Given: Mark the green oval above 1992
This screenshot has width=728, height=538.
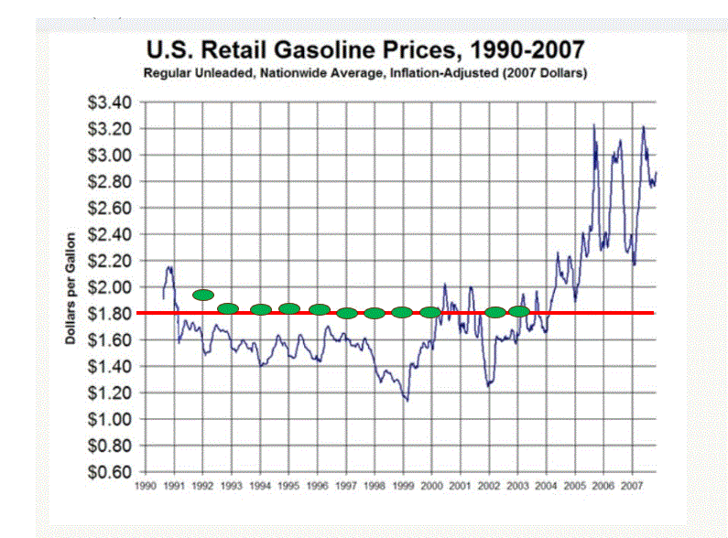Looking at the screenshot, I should (203, 295).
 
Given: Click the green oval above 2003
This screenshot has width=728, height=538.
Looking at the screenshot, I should (519, 311).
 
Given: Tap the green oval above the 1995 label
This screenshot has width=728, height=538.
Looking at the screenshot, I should (289, 308).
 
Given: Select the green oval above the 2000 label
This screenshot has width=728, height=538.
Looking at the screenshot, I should (430, 312).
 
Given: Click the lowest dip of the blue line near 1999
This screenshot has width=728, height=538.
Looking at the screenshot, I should (407, 400).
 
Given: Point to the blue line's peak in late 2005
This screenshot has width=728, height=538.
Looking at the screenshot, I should (594, 124).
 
